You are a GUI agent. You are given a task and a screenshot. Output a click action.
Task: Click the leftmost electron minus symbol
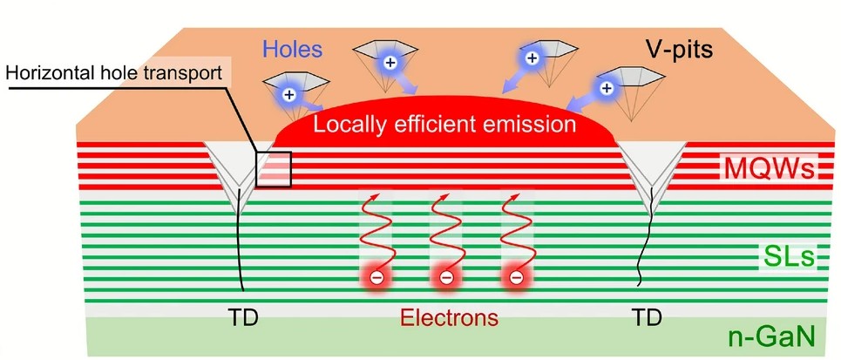pos(376,278)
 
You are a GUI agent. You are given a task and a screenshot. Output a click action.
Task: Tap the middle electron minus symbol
pos(445,278)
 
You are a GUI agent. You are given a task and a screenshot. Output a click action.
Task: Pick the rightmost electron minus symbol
pos(515,278)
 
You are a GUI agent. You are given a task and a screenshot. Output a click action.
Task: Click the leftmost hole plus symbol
pos(293,93)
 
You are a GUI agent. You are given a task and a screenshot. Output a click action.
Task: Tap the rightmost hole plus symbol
pos(605,87)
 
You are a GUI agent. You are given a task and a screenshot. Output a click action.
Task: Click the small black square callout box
pos(273,167)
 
